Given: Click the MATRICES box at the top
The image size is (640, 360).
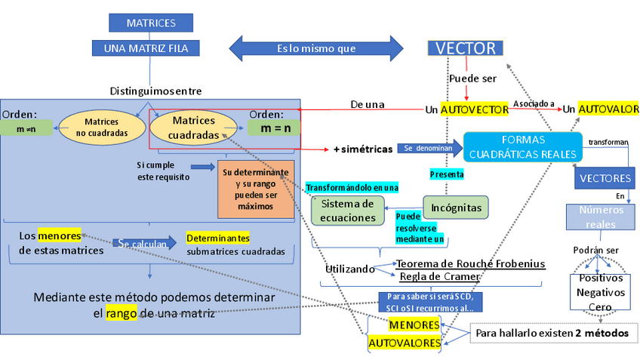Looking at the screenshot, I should [151, 23].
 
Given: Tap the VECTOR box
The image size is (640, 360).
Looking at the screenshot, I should [465, 49].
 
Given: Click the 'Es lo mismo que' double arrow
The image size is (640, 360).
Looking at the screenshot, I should [315, 48].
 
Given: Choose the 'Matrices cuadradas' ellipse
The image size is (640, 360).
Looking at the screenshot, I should [194, 128].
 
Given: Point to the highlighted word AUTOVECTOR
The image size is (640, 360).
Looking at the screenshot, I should [474, 109].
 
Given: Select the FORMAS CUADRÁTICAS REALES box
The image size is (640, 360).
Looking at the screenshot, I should [522, 147].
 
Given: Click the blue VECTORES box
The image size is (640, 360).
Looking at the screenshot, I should [605, 179].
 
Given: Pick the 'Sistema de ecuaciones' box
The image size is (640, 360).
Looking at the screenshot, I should [348, 211].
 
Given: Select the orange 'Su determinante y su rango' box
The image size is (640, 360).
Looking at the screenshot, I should [254, 189].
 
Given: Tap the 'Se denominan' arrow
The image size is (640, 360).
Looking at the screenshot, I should [427, 148].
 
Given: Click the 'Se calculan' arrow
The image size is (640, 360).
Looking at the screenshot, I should [146, 243].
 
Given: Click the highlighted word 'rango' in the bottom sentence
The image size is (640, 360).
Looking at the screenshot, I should [120, 313].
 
